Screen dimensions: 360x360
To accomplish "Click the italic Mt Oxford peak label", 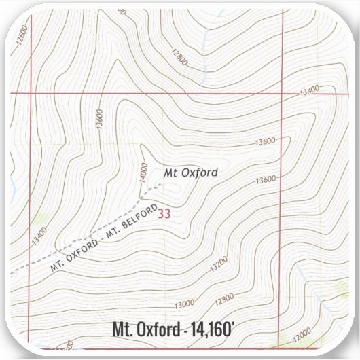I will pyautogui.click(x=191, y=173).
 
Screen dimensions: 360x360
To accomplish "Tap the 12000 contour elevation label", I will pyautogui.click(x=302, y=333).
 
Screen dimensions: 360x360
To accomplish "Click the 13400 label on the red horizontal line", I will pyautogui.click(x=308, y=91).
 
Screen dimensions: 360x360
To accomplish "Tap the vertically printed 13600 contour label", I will pyautogui.click(x=99, y=120).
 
